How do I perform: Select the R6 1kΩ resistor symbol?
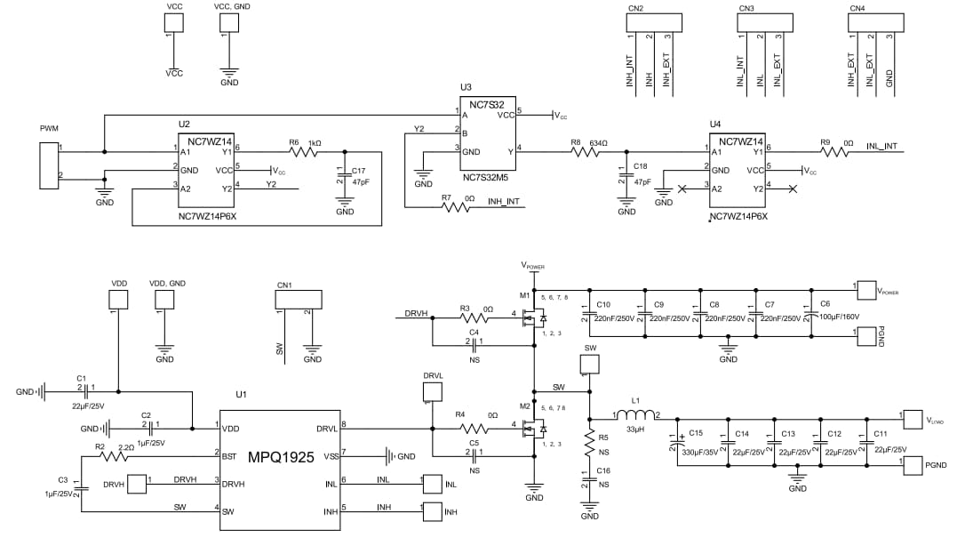click(x=302, y=153)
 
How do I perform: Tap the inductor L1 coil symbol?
click(x=635, y=415)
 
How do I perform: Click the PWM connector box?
click(x=49, y=161)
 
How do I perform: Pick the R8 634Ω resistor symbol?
click(x=586, y=153)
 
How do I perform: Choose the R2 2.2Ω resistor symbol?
click(x=115, y=456)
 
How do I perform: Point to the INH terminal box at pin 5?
click(x=432, y=511)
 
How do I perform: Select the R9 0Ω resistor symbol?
click(x=836, y=153)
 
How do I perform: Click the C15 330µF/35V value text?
click(x=699, y=452)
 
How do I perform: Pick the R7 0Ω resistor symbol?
click(x=457, y=208)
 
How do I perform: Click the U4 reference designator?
click(x=715, y=124)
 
